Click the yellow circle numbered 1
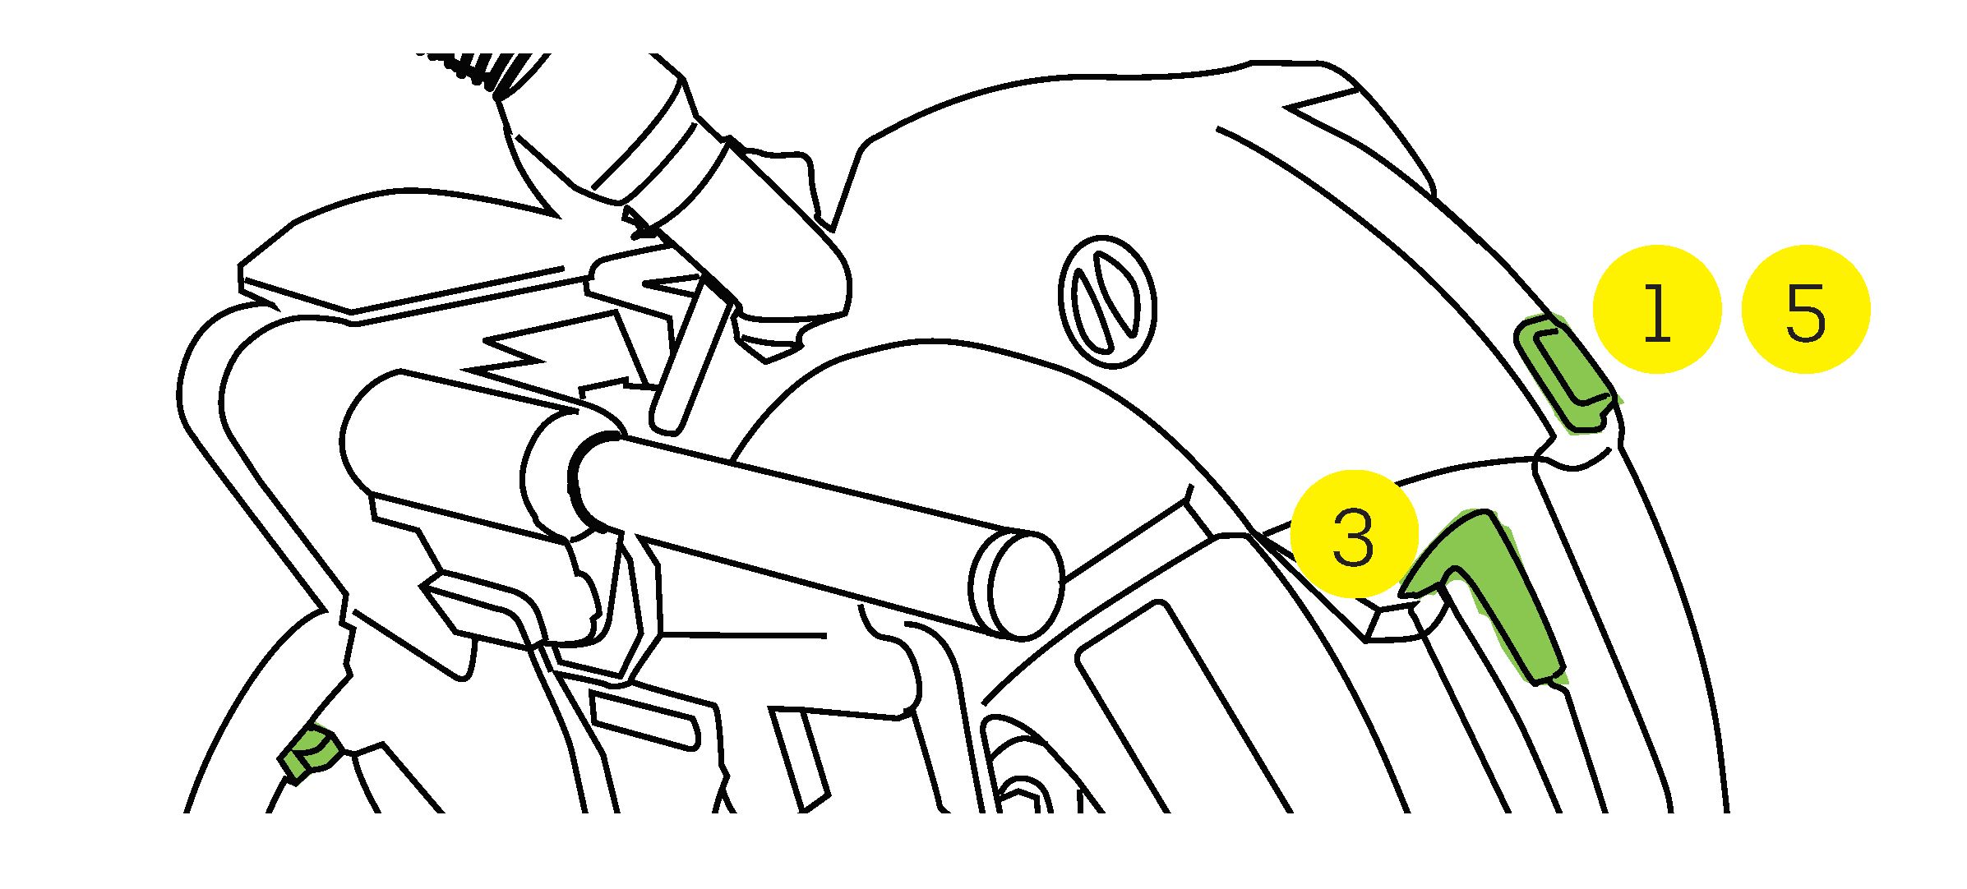(x=1656, y=309)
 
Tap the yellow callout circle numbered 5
(x=1806, y=309)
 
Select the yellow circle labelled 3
(x=1355, y=534)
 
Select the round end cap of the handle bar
(x=1018, y=585)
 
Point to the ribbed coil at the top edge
(x=485, y=70)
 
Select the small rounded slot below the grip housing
(x=646, y=720)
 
